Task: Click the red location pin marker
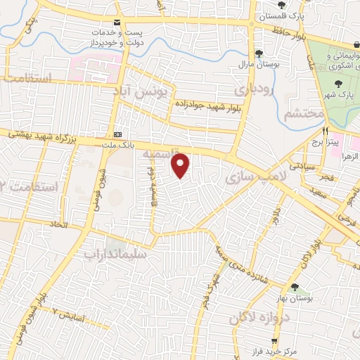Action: pyautogui.click(x=181, y=165)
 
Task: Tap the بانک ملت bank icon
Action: pyautogui.click(x=117, y=134)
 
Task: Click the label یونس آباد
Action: pyautogui.click(x=143, y=92)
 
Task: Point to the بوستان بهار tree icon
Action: pyautogui.click(x=295, y=287)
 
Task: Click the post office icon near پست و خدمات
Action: pyautogui.click(x=116, y=22)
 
